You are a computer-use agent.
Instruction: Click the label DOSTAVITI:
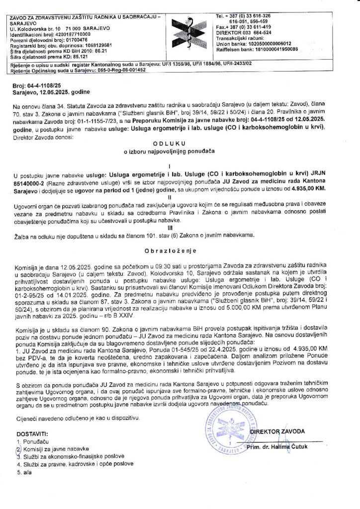[33, 434]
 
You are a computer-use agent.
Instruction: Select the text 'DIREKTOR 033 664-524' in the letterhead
[239, 34]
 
